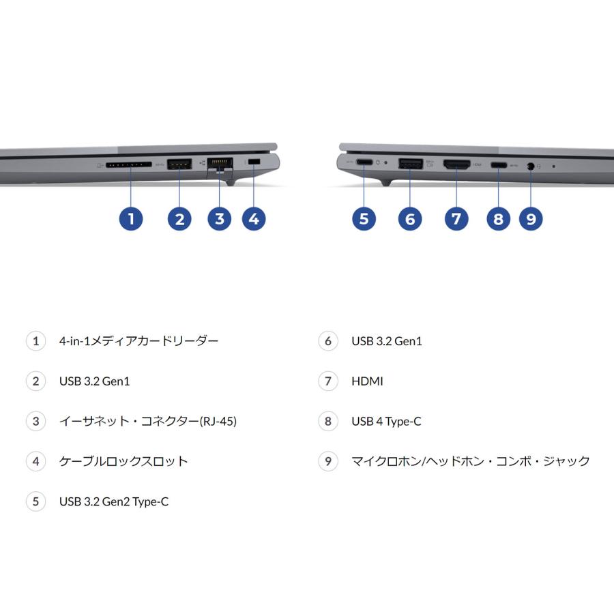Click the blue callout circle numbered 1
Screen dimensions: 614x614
130,218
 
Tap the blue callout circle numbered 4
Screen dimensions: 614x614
254,218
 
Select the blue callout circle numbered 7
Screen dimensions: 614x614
456,218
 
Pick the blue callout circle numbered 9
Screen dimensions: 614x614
531,218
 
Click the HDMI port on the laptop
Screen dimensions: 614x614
456,164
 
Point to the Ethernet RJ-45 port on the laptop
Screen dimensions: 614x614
219,164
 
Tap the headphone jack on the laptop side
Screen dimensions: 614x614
530,165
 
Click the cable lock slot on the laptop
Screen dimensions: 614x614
254,161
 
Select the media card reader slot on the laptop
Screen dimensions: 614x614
129,164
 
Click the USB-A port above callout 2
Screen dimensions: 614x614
179,163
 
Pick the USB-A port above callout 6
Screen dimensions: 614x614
409,163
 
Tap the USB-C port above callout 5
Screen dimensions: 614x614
364,162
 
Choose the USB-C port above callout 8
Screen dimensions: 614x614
498,165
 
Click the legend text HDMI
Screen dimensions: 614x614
367,381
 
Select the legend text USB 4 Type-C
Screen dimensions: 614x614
386,422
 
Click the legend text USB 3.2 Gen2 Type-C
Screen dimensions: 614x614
113,502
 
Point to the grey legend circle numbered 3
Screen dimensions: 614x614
35,421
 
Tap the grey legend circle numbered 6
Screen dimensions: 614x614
328,340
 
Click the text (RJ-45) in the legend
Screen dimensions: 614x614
218,422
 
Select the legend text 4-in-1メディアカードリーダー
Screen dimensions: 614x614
138,340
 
